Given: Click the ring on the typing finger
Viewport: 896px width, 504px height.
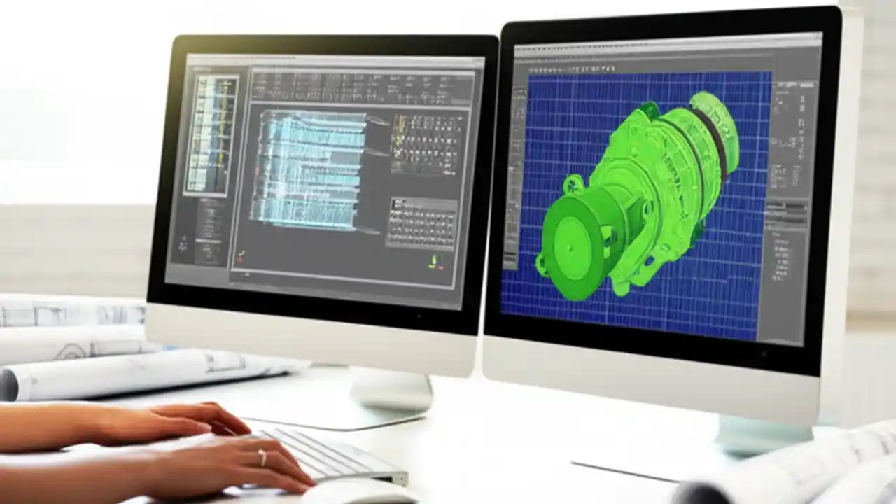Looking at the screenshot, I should tap(262, 458).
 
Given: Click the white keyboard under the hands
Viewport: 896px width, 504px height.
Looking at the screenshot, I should tap(329, 455).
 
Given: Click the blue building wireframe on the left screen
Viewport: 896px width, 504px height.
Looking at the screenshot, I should tap(311, 168).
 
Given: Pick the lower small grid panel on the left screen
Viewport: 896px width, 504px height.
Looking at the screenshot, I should tap(422, 223).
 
